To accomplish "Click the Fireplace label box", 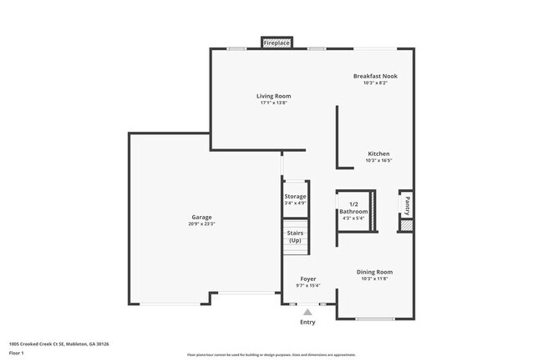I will tap(277, 42).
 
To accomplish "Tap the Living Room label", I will tap(274, 96).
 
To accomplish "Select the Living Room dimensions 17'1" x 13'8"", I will tap(274, 103).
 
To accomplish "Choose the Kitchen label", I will tap(378, 153).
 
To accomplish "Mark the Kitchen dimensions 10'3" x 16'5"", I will tap(378, 161).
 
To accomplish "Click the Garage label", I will tap(201, 216).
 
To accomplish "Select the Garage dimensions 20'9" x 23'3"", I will tap(201, 224).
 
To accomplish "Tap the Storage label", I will tap(295, 196).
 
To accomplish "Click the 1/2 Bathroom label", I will tap(353, 209).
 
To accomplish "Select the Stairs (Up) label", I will tap(295, 237).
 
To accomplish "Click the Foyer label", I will tap(307, 278).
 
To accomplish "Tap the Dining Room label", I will tap(374, 272).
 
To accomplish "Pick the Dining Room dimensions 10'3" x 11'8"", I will tap(374, 279).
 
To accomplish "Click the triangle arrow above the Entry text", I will tap(307, 312).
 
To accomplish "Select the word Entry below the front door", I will tap(307, 322).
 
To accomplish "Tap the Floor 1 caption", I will tap(18, 353).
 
